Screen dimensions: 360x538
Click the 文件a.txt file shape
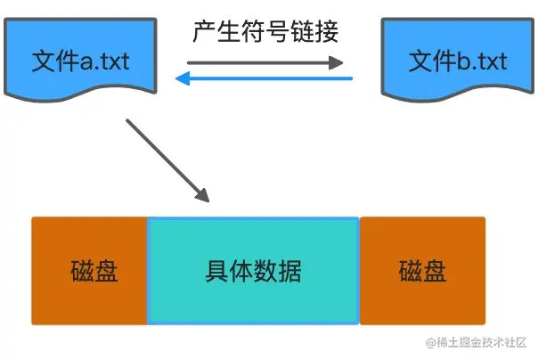coord(80,58)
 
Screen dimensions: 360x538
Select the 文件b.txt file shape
coord(457,58)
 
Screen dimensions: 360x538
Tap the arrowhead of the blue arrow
coord(181,79)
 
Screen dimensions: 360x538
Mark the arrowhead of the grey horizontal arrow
coord(337,62)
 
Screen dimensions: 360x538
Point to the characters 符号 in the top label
coord(265,32)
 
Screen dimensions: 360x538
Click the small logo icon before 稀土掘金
coord(431,342)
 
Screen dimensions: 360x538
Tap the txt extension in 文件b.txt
coord(488,61)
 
